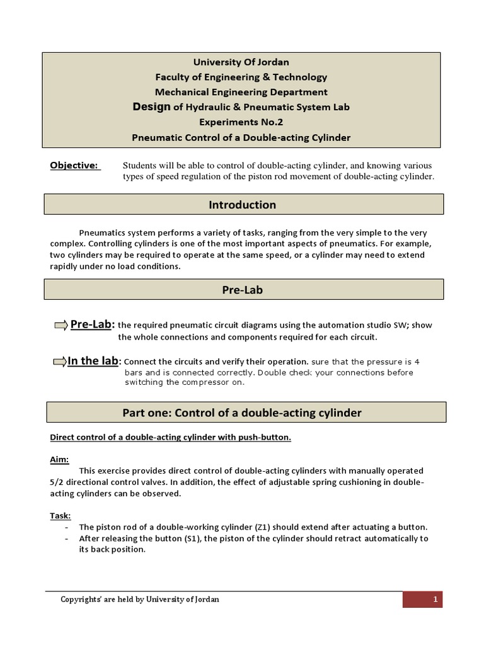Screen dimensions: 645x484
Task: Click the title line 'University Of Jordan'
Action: [x=241, y=62]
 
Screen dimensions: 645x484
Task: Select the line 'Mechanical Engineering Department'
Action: [x=241, y=92]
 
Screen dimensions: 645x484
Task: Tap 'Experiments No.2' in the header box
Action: [x=241, y=122]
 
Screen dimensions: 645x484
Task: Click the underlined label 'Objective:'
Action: [x=74, y=165]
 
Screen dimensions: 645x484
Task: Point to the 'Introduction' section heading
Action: [x=243, y=205]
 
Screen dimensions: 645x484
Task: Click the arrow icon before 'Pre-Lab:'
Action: [x=61, y=325]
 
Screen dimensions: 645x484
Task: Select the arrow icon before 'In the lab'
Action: [x=59, y=362]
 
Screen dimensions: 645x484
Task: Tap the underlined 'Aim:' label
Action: [x=59, y=459]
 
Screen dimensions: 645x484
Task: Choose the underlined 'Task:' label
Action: [x=60, y=516]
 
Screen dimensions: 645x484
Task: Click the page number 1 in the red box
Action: [x=435, y=600]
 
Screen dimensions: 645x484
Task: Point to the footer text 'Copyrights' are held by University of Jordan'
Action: [x=140, y=600]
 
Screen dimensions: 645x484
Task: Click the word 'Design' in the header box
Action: [x=151, y=107]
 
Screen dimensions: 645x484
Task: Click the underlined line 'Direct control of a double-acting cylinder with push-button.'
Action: [x=170, y=437]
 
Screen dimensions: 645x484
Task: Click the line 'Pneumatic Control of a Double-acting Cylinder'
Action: [x=241, y=137]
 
